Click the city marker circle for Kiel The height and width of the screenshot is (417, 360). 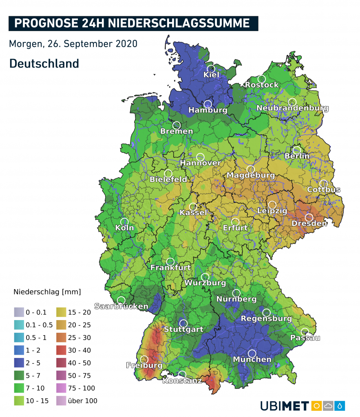[x=211, y=68]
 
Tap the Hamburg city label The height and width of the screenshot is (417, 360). [x=208, y=110]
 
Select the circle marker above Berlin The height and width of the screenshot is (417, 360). [x=297, y=150]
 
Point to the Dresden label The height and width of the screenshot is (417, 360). [x=309, y=224]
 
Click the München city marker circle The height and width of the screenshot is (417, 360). [x=252, y=353]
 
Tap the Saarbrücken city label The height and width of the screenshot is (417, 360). [x=121, y=306]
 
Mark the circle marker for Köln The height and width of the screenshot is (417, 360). [x=124, y=222]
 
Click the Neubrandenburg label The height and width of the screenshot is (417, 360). [x=292, y=108]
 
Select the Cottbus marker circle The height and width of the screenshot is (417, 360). [x=323, y=183]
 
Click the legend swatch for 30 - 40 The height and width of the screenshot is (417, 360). [x=61, y=350]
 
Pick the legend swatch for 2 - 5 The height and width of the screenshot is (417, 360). [x=19, y=363]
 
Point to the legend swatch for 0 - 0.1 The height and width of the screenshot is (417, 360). [x=19, y=312]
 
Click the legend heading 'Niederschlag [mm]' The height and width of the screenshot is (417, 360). [x=47, y=292]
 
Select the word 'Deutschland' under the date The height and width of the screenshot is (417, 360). [x=44, y=64]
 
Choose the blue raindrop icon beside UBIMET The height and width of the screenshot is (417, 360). [x=340, y=406]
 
